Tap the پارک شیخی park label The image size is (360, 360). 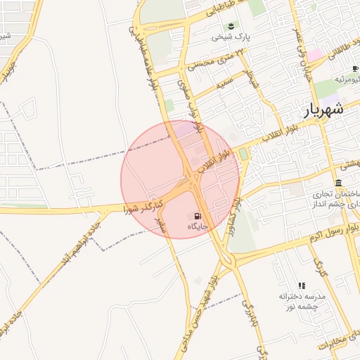click(x=233, y=37)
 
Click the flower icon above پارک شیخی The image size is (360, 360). click(x=232, y=26)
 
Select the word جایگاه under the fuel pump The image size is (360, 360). click(x=198, y=226)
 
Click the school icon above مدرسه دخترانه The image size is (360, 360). click(x=302, y=285)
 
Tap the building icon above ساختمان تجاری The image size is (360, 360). click(x=338, y=182)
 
